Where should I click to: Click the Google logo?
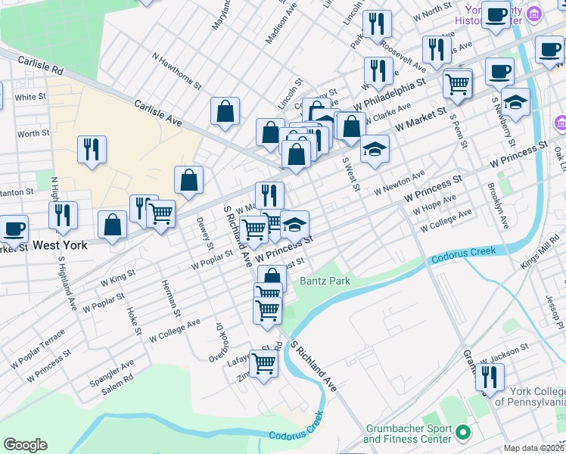click(25, 444)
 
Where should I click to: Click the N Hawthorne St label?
click(176, 69)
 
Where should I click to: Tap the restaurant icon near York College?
click(490, 376)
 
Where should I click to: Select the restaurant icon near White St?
click(92, 148)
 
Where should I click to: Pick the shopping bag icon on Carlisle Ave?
click(225, 110)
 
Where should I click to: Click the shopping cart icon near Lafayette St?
click(263, 364)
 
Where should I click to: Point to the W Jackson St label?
click(504, 354)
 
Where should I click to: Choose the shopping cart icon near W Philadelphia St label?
click(457, 82)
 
